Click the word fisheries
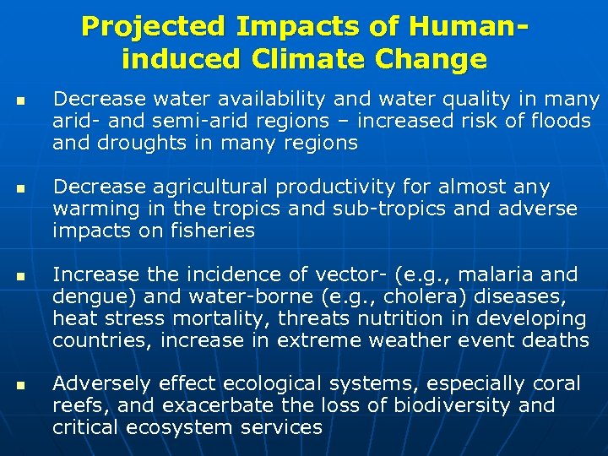[x=211, y=231]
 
